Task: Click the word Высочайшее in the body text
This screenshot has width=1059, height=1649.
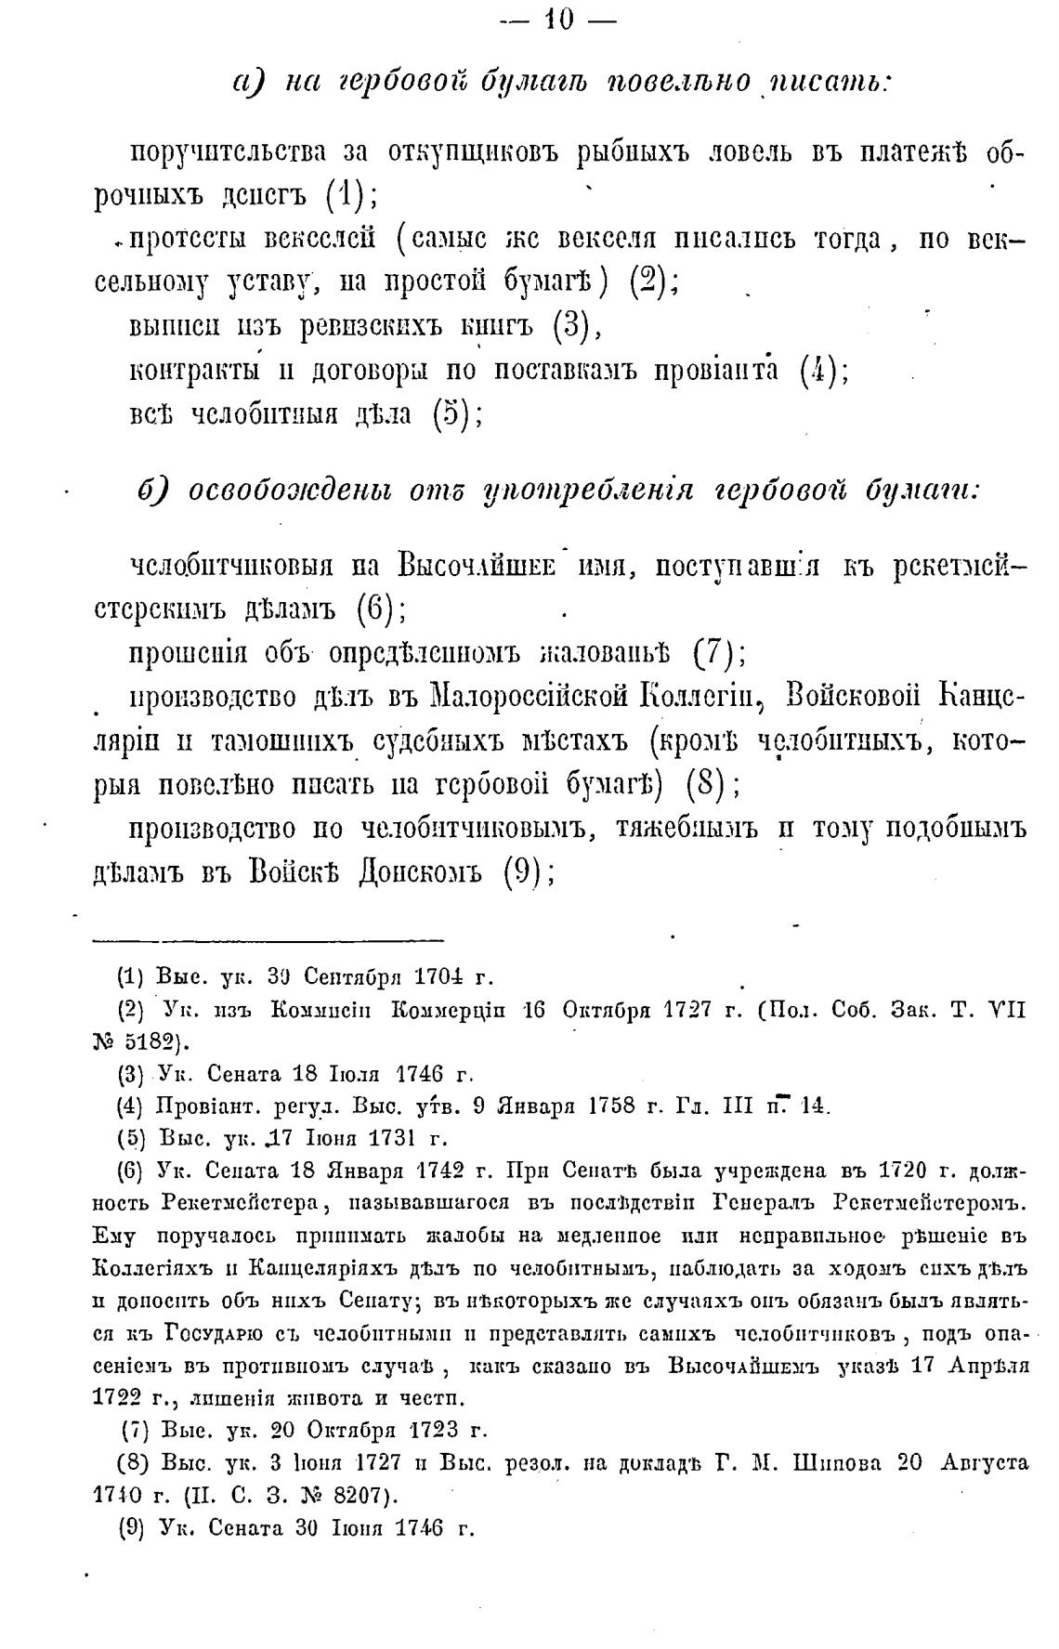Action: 475,564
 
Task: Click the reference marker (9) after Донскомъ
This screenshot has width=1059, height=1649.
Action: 522,872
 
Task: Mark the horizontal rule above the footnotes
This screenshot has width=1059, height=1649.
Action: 269,941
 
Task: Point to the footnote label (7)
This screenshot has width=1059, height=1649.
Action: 137,1430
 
